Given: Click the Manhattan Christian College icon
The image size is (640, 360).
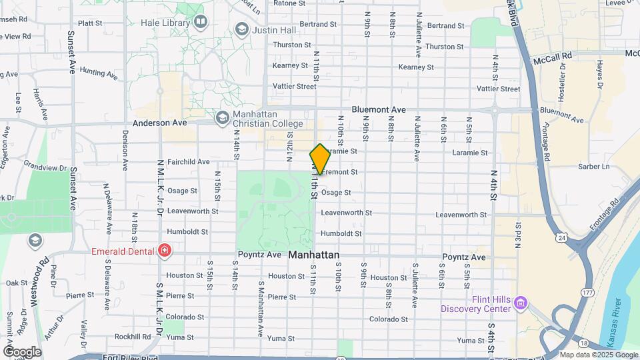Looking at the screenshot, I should pyautogui.click(x=222, y=118).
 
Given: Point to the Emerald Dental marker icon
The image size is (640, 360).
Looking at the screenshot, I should pyautogui.click(x=164, y=251).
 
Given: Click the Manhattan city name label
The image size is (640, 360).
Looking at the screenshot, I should pyautogui.click(x=314, y=255).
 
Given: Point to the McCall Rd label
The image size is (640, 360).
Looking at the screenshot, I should pyautogui.click(x=553, y=59).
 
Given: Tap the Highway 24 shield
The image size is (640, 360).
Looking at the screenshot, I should pyautogui.click(x=563, y=237).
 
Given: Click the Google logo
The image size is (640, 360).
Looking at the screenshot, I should pyautogui.click(x=22, y=351).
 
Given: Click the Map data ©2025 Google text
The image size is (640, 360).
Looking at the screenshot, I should pyautogui.click(x=599, y=355).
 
